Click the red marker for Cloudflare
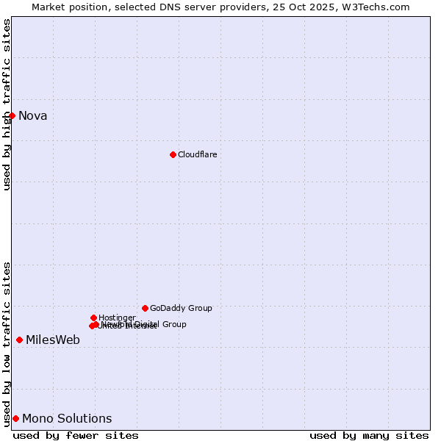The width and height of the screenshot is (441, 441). point(173,154)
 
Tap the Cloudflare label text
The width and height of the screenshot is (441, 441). point(197,154)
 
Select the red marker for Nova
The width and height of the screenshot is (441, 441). point(12,115)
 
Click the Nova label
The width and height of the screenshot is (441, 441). point(32,115)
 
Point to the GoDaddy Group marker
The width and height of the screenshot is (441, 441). point(145,308)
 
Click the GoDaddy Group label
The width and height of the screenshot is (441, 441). point(181,309)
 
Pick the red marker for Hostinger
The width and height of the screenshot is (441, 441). point(93,318)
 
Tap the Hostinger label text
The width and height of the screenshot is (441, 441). point(117,318)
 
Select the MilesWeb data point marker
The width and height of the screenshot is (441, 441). point(19,340)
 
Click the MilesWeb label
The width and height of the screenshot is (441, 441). point(53,340)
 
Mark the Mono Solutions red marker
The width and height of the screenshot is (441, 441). point(15,418)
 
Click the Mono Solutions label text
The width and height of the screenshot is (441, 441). point(67,419)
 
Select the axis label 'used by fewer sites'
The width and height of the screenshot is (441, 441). point(76,435)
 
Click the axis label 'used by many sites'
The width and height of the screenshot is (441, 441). point(369,435)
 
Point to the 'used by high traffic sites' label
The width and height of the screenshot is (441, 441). point(7,104)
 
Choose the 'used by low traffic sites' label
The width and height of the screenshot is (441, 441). point(7,344)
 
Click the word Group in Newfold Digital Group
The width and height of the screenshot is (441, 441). point(173,324)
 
